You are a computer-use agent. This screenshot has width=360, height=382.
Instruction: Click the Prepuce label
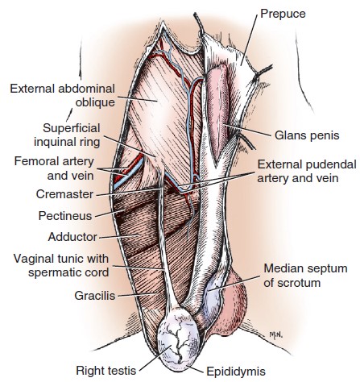[x=283, y=14]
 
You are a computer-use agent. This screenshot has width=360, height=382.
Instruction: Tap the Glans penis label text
[x=307, y=135]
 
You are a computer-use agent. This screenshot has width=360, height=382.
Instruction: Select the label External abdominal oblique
[x=63, y=95]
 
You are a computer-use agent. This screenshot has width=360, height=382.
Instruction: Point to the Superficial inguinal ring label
[x=67, y=135]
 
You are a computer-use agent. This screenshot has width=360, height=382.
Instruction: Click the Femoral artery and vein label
[x=54, y=168]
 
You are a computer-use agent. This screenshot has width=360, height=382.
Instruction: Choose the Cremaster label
[x=64, y=194]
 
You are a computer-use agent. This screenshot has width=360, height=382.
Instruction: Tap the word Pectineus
[x=65, y=216]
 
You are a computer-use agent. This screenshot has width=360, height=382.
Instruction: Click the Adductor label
[x=72, y=237]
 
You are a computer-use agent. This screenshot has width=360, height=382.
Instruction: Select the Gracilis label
[x=95, y=296]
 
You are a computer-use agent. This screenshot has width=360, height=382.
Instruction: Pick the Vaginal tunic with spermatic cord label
[x=61, y=266]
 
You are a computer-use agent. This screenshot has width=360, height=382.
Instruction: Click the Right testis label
[x=106, y=371]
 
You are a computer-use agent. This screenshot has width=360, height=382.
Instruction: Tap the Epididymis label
[x=236, y=372]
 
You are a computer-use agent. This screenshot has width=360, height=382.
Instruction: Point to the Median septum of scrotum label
[x=305, y=276]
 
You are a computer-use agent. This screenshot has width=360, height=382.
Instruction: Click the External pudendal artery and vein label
[x=307, y=171]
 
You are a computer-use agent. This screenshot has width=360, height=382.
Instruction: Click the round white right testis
[x=178, y=339]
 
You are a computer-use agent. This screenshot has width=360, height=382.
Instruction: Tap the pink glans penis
[x=218, y=113]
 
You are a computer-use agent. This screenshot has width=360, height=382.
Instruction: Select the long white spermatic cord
[x=165, y=242]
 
